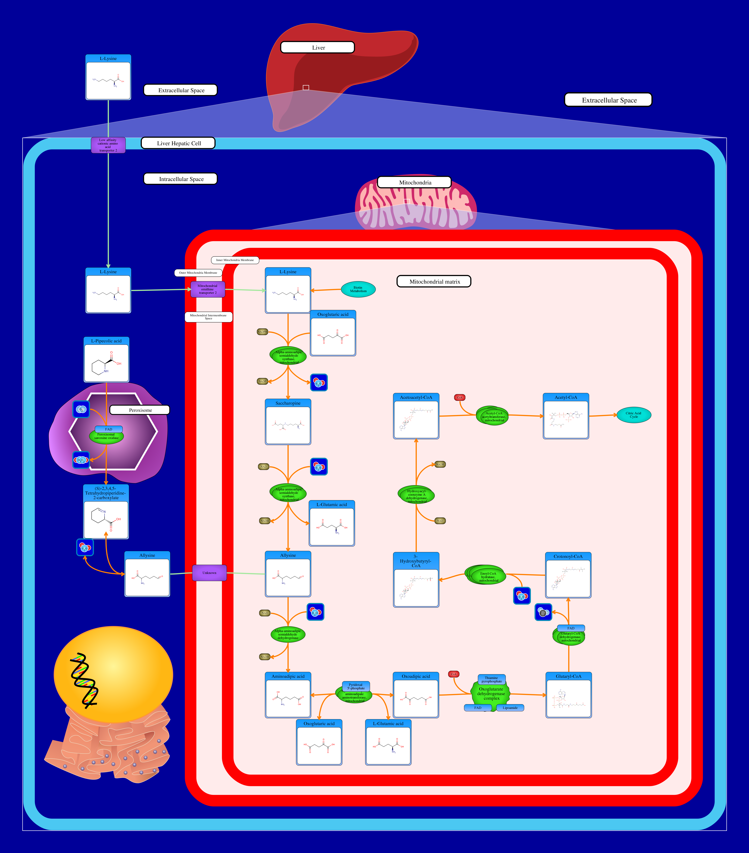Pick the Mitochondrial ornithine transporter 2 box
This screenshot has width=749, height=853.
(x=207, y=289)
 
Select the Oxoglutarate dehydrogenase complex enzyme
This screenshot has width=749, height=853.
(x=491, y=694)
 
